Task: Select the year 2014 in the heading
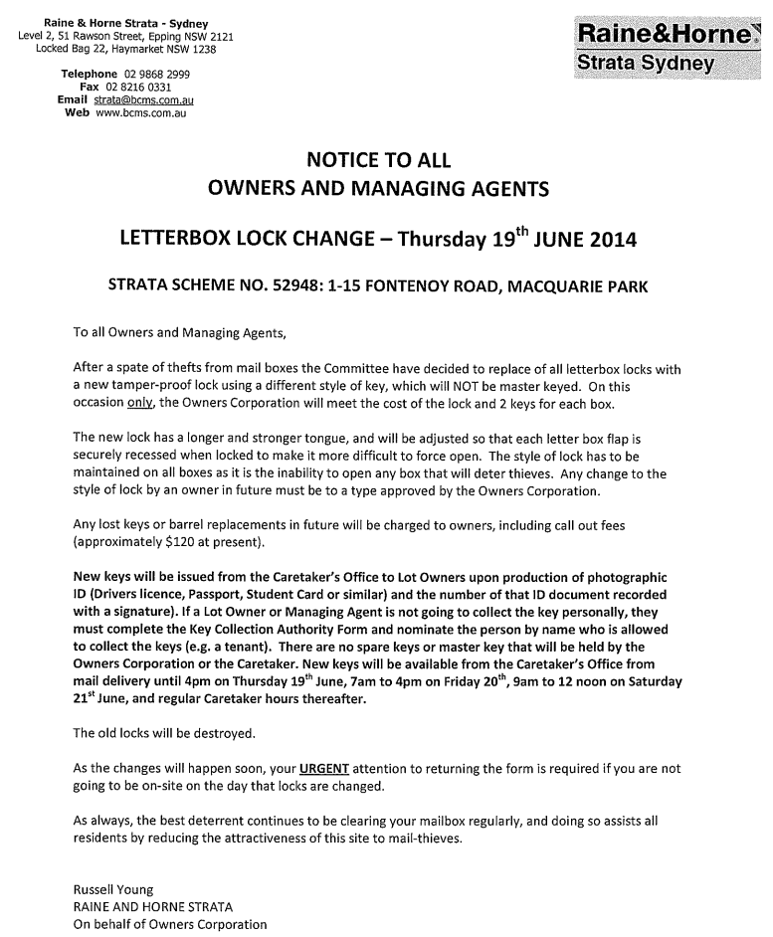pos(613,241)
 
